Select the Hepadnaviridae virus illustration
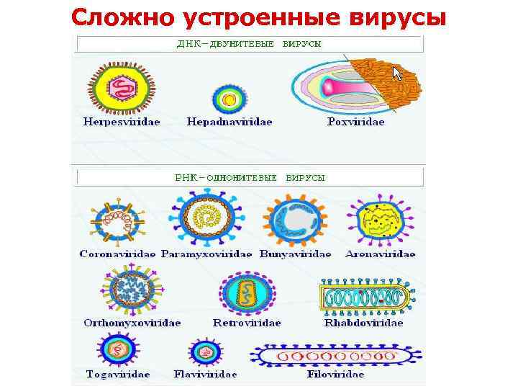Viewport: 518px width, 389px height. (229, 99)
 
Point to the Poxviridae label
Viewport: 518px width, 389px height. (355, 122)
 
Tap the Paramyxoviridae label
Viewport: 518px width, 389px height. (206, 254)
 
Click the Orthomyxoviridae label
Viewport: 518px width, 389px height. (132, 323)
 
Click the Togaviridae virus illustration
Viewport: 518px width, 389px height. (116, 352)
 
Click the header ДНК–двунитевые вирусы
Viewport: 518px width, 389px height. (249, 43)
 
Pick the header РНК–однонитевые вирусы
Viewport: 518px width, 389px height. (250, 176)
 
